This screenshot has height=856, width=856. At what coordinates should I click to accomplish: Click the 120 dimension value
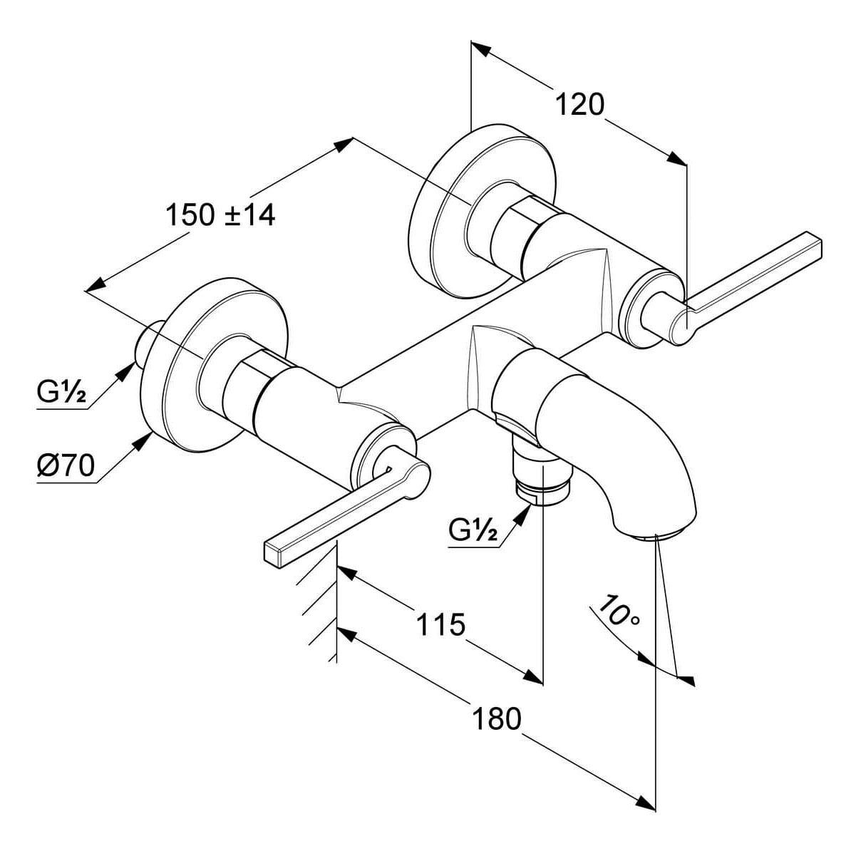(579, 105)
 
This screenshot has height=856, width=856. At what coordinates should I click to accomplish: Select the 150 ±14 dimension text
(220, 214)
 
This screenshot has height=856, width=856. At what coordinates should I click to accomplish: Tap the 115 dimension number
(440, 624)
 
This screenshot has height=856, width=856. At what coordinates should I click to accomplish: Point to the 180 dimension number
(497, 718)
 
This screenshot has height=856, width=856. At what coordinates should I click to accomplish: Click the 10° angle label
(618, 612)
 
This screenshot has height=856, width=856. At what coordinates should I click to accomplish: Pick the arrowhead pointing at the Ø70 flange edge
(145, 440)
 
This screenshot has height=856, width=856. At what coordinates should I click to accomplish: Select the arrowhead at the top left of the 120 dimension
(481, 50)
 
